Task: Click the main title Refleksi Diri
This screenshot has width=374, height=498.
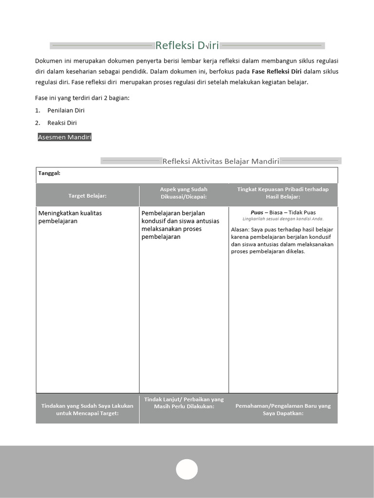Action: (187, 46)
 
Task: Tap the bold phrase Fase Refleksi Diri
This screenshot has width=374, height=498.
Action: (277, 71)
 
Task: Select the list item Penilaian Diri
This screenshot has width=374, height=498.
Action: (66, 110)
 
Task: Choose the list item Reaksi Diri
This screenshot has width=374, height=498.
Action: (62, 123)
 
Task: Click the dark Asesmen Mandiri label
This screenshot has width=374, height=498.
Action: (64, 137)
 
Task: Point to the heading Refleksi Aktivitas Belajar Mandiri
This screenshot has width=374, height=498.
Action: (220, 161)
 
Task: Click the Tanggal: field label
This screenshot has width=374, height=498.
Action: (49, 173)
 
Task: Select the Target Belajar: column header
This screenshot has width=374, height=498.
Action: (87, 196)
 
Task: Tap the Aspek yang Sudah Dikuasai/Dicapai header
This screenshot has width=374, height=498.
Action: (184, 193)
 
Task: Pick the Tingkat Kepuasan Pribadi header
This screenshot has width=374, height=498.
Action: (283, 193)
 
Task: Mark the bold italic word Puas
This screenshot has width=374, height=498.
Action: (257, 213)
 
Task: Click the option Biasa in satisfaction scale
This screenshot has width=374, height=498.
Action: (277, 213)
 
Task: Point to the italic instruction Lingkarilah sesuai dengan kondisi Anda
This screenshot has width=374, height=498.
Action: (283, 219)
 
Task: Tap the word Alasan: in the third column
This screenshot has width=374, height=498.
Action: (240, 229)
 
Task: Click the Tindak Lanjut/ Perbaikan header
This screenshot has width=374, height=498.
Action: (184, 403)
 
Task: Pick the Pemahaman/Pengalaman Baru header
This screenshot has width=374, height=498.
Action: (283, 409)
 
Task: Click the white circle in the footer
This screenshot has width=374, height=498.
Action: (187, 469)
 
